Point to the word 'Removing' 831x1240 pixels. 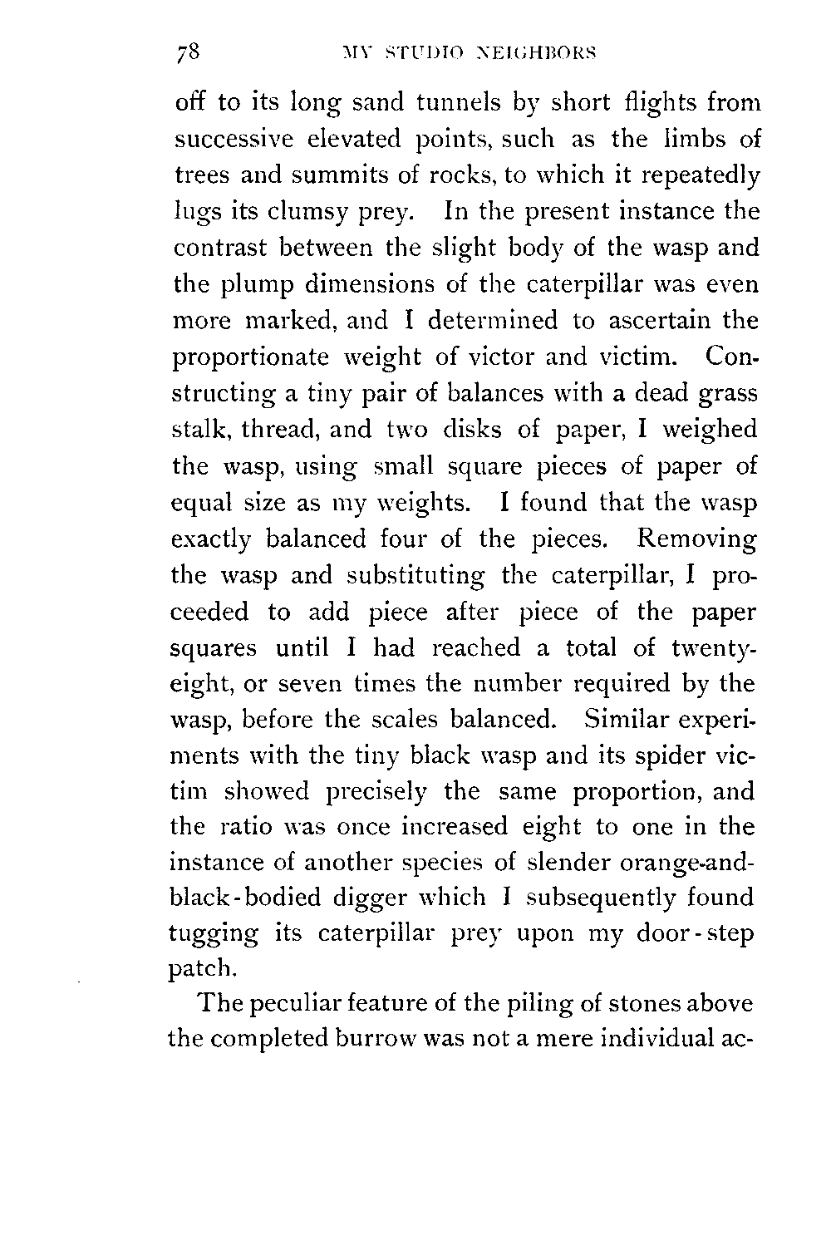[x=696, y=539]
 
